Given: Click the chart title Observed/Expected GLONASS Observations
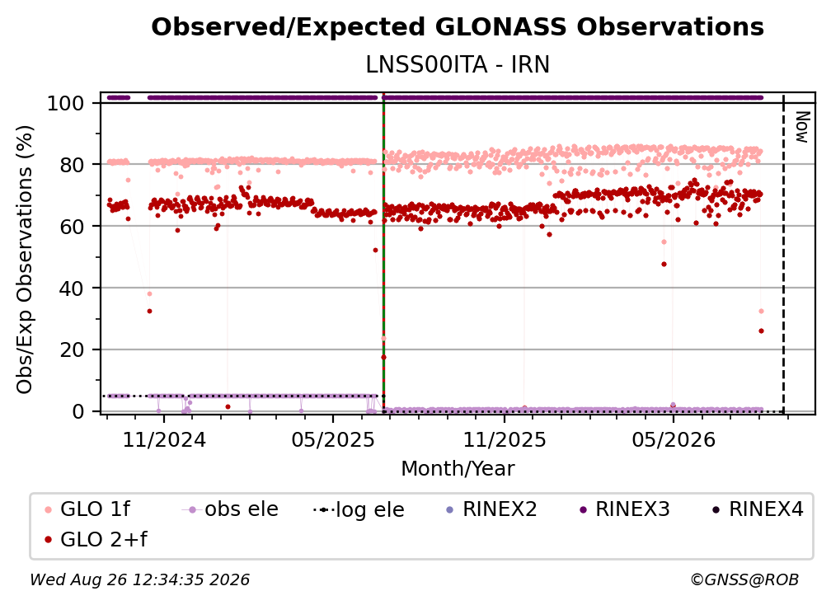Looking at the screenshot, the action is tap(458, 27).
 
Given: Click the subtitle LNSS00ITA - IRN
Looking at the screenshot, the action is tap(458, 65).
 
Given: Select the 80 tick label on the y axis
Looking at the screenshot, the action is tap(72, 165).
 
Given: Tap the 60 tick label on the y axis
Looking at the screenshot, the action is tap(72, 226).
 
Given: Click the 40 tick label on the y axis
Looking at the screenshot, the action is tap(72, 288).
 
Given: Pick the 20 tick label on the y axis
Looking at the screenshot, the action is tap(72, 349).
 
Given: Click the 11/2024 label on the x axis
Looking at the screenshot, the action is tap(164, 439).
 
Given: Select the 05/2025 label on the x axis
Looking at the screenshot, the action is tap(333, 439).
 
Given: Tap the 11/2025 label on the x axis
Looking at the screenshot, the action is tap(505, 439).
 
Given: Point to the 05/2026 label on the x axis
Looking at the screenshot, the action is tap(673, 439).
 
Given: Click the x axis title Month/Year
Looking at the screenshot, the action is tap(458, 469).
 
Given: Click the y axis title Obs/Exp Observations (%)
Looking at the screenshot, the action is tap(25, 260).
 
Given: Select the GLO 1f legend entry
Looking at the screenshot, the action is tap(87, 509).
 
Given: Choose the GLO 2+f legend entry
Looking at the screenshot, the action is tap(96, 540).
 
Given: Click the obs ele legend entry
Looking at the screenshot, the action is tap(230, 509).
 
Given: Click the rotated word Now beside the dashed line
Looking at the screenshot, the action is tap(802, 127).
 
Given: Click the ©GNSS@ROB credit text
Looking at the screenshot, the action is tap(744, 579).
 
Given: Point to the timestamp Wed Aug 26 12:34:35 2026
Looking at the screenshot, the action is tap(139, 579).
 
